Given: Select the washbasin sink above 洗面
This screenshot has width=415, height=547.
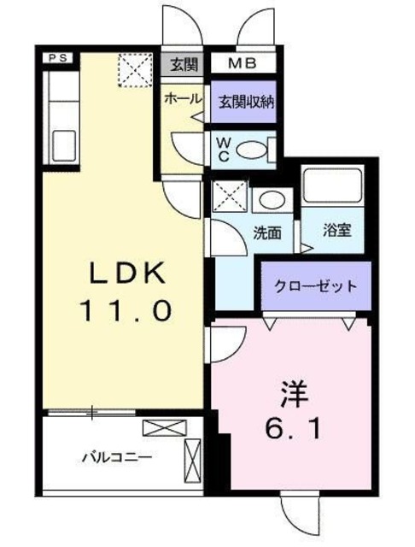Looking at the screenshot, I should click(272, 200).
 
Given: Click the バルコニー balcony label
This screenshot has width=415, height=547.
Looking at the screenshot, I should click(117, 456).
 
